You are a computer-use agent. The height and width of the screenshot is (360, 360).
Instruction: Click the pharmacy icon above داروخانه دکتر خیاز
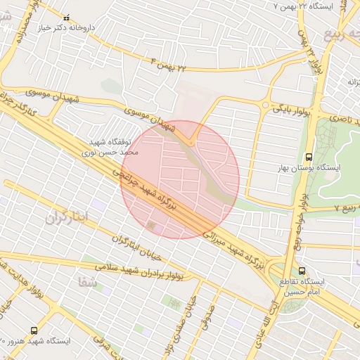click(x=67, y=18)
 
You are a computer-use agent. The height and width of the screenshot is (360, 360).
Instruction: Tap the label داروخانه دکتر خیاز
click(x=67, y=28)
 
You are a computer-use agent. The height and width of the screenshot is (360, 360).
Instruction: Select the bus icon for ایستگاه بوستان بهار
click(x=309, y=157)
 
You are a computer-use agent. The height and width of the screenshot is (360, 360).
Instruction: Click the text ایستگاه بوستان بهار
click(x=309, y=169)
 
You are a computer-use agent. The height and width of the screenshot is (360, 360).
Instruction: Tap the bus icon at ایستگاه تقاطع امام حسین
click(x=302, y=270)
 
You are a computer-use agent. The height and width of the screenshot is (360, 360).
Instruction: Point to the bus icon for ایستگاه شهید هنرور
click(x=34, y=330)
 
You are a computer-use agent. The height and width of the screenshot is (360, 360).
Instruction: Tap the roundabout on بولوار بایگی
click(x=265, y=105)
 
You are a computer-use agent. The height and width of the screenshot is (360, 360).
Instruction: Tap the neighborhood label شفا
click(x=89, y=283)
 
